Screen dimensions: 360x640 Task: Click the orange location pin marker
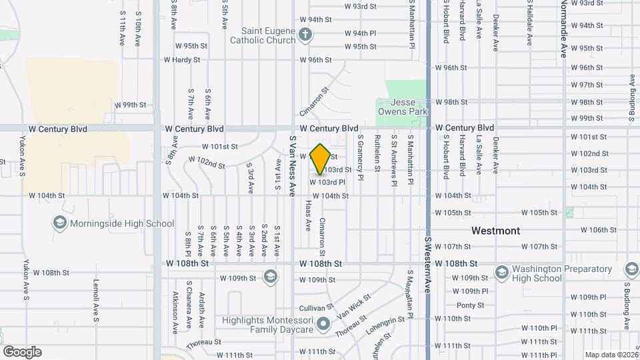pyautogui.click(x=321, y=159)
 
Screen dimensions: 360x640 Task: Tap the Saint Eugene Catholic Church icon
pyautogui.click(x=305, y=35)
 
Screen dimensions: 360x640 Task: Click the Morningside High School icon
pyautogui.click(x=59, y=223)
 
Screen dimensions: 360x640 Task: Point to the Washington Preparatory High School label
pyautogui.click(x=562, y=273)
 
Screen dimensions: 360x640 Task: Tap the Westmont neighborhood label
pyautogui.click(x=495, y=231)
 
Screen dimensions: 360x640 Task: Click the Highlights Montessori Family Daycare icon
pyautogui.click(x=323, y=325)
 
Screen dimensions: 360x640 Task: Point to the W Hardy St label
pyautogui.click(x=182, y=60)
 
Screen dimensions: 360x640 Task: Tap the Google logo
pyautogui.click(x=22, y=351)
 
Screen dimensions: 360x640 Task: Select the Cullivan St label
pyautogui.click(x=316, y=307)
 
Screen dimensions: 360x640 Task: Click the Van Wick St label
pyautogui.click(x=354, y=306)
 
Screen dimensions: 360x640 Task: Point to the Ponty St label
pyautogui.click(x=470, y=305)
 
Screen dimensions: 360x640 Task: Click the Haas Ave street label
pyautogui.click(x=308, y=215)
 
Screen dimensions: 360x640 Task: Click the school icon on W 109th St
pyautogui.click(x=270, y=276)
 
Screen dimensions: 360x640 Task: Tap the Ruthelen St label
pyautogui.click(x=377, y=154)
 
